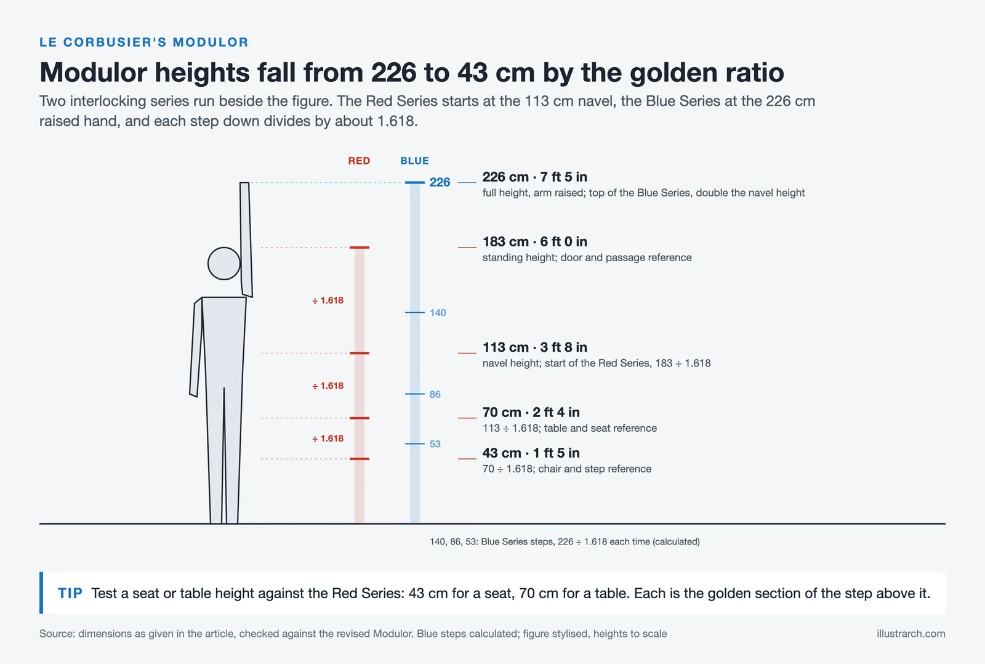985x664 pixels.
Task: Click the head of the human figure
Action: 224,264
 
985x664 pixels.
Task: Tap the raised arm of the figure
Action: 246,240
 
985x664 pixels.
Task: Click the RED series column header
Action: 360,161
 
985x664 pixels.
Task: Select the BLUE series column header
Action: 415,161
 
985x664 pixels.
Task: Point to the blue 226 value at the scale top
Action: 440,182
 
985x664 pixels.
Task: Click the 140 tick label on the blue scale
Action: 438,313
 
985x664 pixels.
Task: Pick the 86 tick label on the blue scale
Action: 435,394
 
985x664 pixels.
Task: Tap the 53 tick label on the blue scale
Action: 435,444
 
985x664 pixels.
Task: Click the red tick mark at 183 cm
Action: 360,248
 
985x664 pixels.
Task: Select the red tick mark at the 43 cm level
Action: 360,459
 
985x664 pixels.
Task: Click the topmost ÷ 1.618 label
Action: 328,301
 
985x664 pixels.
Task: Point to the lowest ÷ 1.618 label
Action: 328,439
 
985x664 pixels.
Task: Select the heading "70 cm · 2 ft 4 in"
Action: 531,412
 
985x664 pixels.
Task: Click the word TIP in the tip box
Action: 70,593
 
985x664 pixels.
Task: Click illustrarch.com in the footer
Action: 911,634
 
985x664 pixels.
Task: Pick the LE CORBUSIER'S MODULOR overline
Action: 144,43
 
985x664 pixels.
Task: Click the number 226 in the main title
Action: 393,72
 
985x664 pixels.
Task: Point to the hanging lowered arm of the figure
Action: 196,347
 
